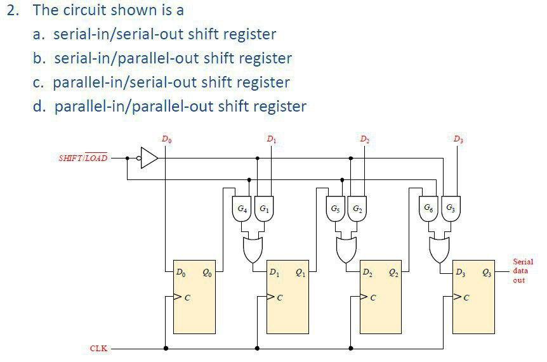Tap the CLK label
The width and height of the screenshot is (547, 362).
click(x=98, y=348)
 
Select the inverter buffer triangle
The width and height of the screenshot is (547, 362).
click(x=148, y=158)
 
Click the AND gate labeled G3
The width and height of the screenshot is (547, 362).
click(x=450, y=209)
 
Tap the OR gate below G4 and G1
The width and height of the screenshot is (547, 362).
click(x=253, y=250)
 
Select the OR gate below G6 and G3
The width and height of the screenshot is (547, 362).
click(x=439, y=250)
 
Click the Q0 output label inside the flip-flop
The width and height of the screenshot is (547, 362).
click(x=208, y=273)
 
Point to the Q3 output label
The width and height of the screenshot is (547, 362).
click(x=487, y=273)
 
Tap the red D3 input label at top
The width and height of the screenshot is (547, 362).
click(x=458, y=138)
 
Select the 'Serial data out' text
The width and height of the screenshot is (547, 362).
click(x=523, y=271)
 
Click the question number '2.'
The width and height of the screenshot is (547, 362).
click(x=14, y=10)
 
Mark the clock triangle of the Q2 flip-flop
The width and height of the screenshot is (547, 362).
click(x=364, y=296)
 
